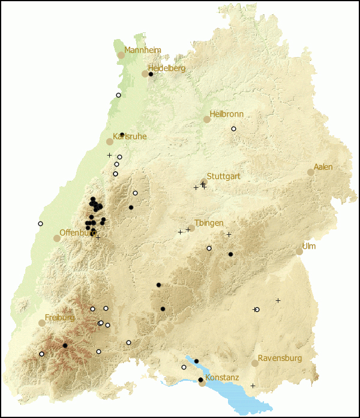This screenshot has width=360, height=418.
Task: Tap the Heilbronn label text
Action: coord(226,114)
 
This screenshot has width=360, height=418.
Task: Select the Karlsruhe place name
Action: coord(130,137)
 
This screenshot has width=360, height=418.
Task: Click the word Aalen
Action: coord(323,167)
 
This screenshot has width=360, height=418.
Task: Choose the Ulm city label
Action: coord(309,246)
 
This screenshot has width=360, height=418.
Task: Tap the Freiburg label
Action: coord(59,317)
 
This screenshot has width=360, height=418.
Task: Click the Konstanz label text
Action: coord(222,378)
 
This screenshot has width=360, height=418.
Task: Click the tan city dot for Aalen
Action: coord(311,172)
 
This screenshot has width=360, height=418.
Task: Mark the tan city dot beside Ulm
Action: coord(299,252)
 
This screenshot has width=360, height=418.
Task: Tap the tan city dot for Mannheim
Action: coord(121,55)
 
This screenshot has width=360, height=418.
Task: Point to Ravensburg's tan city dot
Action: coord(255,363)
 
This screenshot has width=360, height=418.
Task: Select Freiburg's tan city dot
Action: coord(42,323)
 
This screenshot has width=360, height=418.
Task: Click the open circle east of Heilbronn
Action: coord(234,129)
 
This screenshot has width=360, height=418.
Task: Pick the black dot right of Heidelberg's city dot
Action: coord(151,74)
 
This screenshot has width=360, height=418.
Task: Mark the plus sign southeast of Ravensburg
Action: coord(253,386)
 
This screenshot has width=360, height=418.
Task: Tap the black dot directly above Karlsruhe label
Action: coord(122,135)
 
